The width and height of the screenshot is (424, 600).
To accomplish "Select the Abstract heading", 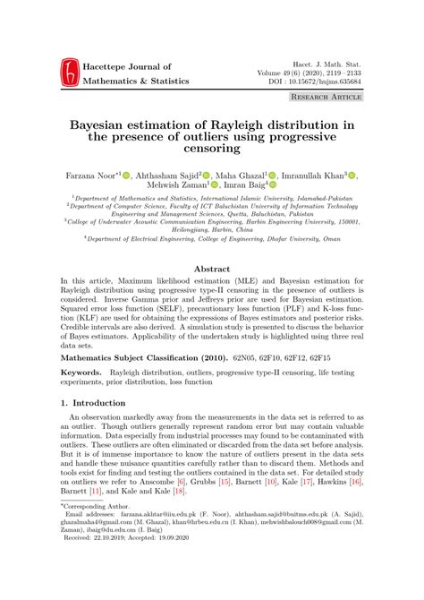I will click(x=213, y=267).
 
